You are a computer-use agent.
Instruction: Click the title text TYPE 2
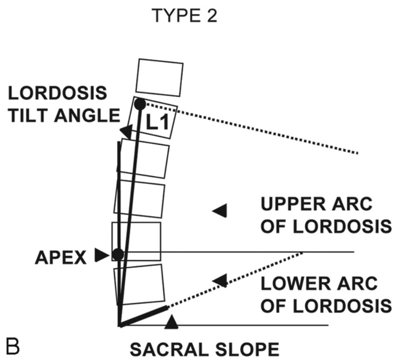pos(184,17)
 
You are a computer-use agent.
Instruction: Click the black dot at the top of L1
pos(140,104)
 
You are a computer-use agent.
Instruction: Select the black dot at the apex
pos(118,255)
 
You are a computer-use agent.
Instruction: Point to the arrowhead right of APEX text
pos(101,255)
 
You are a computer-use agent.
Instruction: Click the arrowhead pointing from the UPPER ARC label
pos(220,211)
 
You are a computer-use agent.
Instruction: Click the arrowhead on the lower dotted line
pos(220,280)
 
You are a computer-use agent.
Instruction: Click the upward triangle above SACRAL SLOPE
pos(172,321)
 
